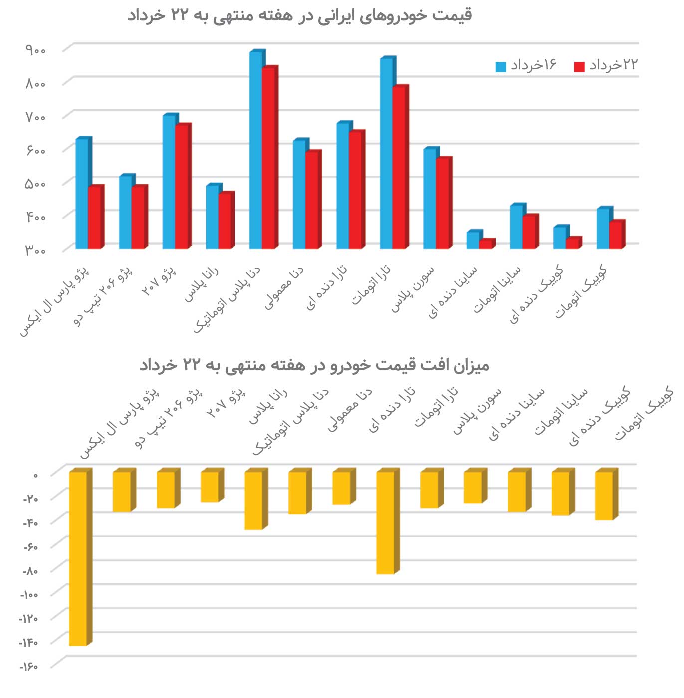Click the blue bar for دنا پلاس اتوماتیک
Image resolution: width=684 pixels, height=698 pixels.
pos(255,150)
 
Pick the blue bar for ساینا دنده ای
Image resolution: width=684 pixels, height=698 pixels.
pos(472,240)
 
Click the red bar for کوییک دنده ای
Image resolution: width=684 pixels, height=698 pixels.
pos(572,243)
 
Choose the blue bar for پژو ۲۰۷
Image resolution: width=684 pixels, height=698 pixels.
pos(169,182)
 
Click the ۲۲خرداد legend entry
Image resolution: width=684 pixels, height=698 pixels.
pos(607,65)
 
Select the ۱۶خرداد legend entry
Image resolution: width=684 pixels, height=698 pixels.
pos(526,65)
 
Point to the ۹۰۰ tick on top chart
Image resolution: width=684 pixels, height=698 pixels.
pos(36,50)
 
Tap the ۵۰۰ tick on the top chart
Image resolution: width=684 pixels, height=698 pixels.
pos(36,184)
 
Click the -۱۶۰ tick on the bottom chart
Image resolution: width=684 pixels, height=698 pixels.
pos(29,666)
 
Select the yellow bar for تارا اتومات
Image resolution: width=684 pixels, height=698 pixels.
pos(385,522)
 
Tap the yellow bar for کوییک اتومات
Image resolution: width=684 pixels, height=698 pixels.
pos(604,495)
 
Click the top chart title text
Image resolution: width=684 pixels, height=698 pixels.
pos(299,15)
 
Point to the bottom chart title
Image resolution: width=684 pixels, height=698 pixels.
pos(314,365)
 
